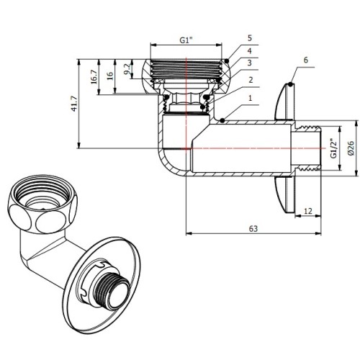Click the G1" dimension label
coord(186,40)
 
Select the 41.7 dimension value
coord(75,104)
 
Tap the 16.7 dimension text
coord(94,76)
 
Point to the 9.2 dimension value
coord(128,68)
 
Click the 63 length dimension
coord(253,229)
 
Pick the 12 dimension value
coord(308,211)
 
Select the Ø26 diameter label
coord(351,148)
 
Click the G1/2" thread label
coord(334,148)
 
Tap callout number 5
coord(250,38)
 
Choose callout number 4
coord(250,51)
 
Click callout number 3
coord(250,63)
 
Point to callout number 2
coord(251,80)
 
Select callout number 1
coord(251,98)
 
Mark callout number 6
coord(305,60)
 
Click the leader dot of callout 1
coord(222,120)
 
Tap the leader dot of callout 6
coord(290,84)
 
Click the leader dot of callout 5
coord(227,61)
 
